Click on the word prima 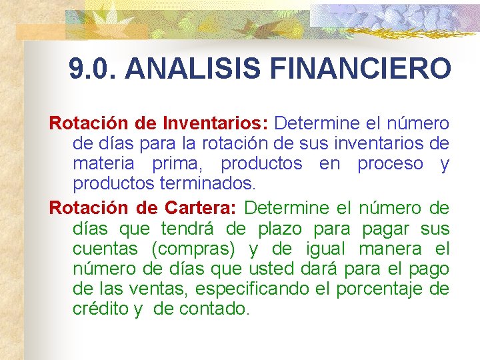coord(176,163)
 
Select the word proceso coord(390,163)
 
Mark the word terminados coord(208,183)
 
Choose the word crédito coord(101,309)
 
